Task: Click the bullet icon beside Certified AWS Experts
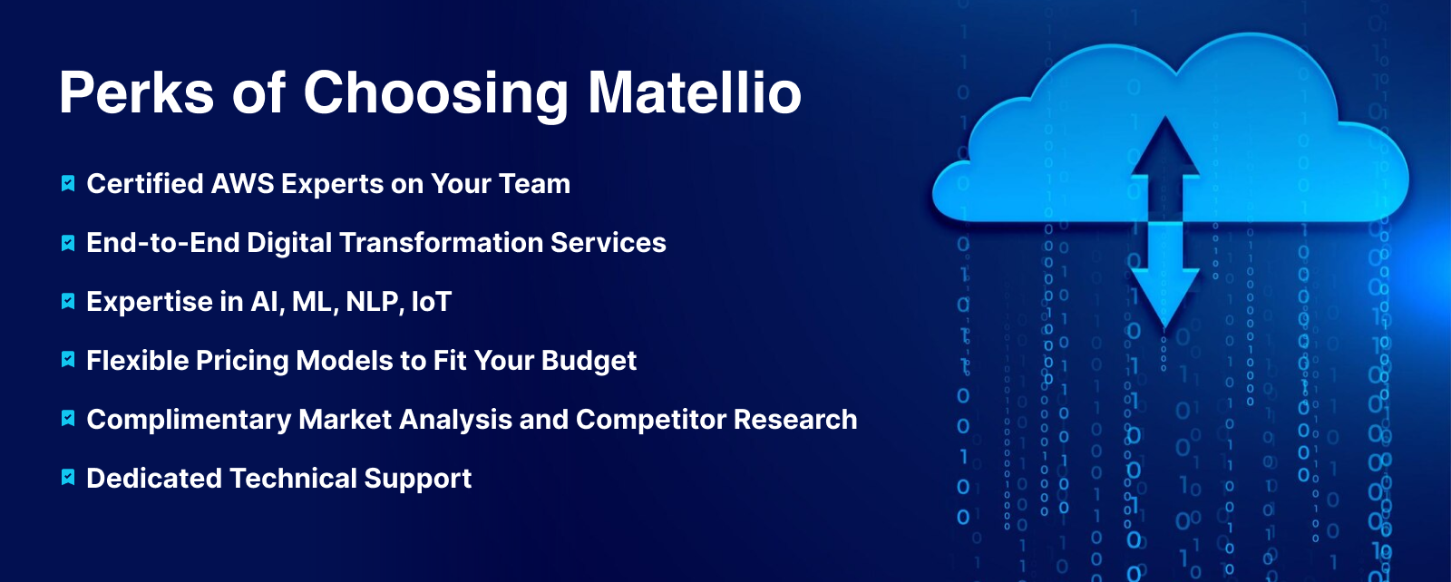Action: [68, 184]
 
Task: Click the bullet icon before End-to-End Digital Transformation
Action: [68, 243]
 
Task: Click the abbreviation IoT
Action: [432, 302]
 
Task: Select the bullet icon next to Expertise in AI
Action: [68, 302]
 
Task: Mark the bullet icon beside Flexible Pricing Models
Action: [68, 359]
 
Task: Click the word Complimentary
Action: [190, 420]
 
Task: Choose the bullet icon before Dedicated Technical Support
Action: [68, 477]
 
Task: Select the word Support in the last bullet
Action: [418, 479]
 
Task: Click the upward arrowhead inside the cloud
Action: [1165, 146]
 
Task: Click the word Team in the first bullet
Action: [534, 184]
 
